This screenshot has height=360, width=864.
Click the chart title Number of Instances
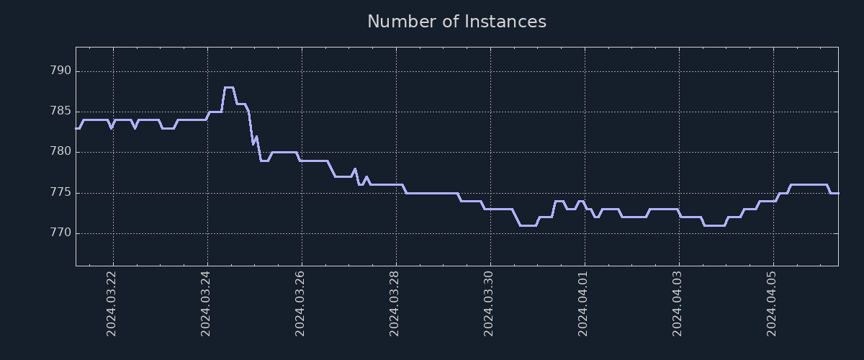click(456, 22)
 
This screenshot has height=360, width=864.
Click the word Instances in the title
click(505, 22)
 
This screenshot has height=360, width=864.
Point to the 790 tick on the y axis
click(60, 71)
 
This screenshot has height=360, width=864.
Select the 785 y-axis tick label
click(60, 112)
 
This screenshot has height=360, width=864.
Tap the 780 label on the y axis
click(60, 152)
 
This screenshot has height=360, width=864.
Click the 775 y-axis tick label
click(60, 193)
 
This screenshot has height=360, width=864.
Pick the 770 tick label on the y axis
click(60, 233)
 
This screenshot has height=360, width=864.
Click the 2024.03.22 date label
click(112, 303)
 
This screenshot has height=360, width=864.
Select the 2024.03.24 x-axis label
click(206, 303)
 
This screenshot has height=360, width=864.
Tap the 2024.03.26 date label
click(300, 303)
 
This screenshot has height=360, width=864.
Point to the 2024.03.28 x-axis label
click(395, 303)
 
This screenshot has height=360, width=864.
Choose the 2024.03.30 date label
click(489, 303)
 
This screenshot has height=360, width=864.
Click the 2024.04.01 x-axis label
click(583, 303)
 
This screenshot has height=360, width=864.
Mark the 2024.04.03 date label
click(678, 303)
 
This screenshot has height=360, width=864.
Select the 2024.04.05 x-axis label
click(772, 303)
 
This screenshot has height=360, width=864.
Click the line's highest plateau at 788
click(229, 87)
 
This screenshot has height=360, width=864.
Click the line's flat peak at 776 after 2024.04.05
click(808, 185)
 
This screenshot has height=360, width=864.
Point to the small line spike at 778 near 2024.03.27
click(355, 169)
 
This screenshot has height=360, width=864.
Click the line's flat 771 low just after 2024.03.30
click(528, 225)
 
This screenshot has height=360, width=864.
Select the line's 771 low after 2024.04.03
click(714, 225)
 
